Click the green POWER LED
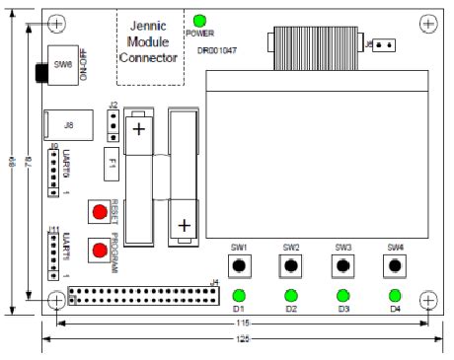(x=199, y=21)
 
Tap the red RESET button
(x=100, y=213)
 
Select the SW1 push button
(x=238, y=266)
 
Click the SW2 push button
(x=290, y=266)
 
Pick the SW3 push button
(x=342, y=266)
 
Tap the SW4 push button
(x=395, y=266)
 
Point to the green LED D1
(x=238, y=295)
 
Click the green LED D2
(x=290, y=295)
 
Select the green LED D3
(x=342, y=295)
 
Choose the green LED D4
(x=395, y=295)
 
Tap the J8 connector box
(x=68, y=125)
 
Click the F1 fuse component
(x=113, y=162)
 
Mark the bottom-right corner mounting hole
(x=428, y=299)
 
